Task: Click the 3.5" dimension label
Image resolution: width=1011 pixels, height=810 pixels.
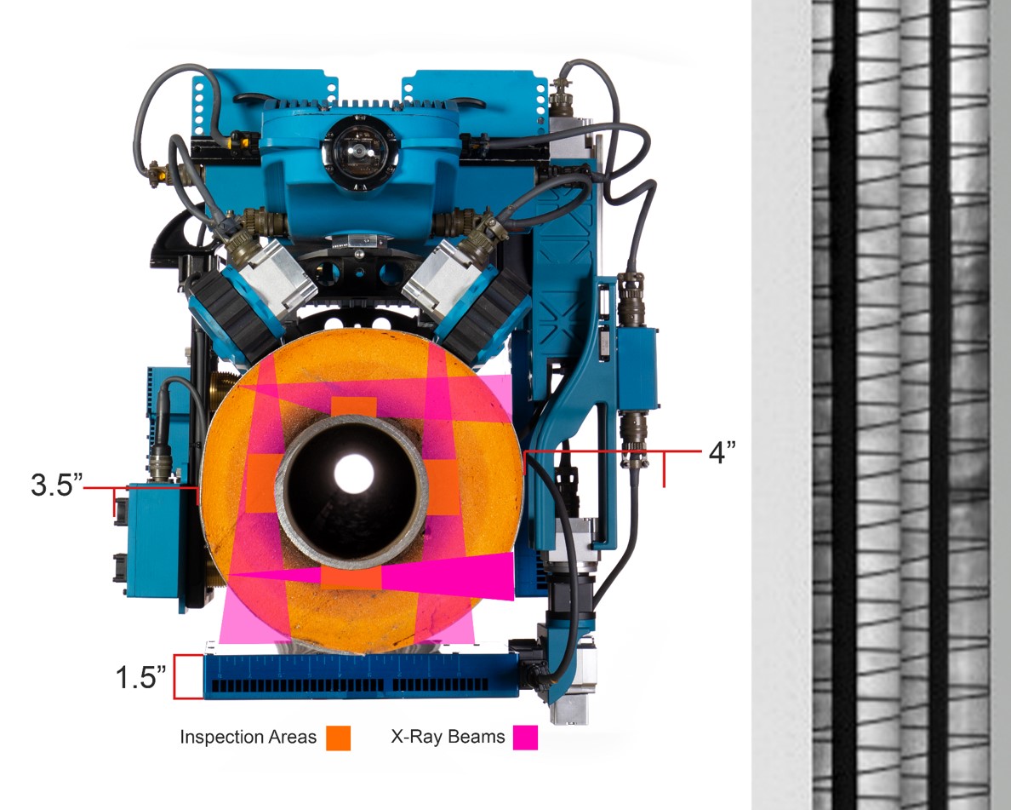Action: [57, 485]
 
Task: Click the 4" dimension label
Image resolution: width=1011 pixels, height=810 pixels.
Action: [723, 452]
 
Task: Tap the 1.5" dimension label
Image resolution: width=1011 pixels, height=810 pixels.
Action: [140, 677]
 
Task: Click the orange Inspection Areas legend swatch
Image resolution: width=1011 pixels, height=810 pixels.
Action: [338, 738]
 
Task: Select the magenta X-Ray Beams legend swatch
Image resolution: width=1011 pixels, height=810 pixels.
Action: [525, 738]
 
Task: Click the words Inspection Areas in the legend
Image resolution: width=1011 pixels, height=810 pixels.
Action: [248, 737]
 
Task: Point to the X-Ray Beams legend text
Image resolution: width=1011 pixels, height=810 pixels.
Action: [448, 737]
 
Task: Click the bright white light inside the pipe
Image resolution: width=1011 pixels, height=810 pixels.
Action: [354, 473]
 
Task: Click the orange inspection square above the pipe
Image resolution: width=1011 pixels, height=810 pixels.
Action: [353, 409]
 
